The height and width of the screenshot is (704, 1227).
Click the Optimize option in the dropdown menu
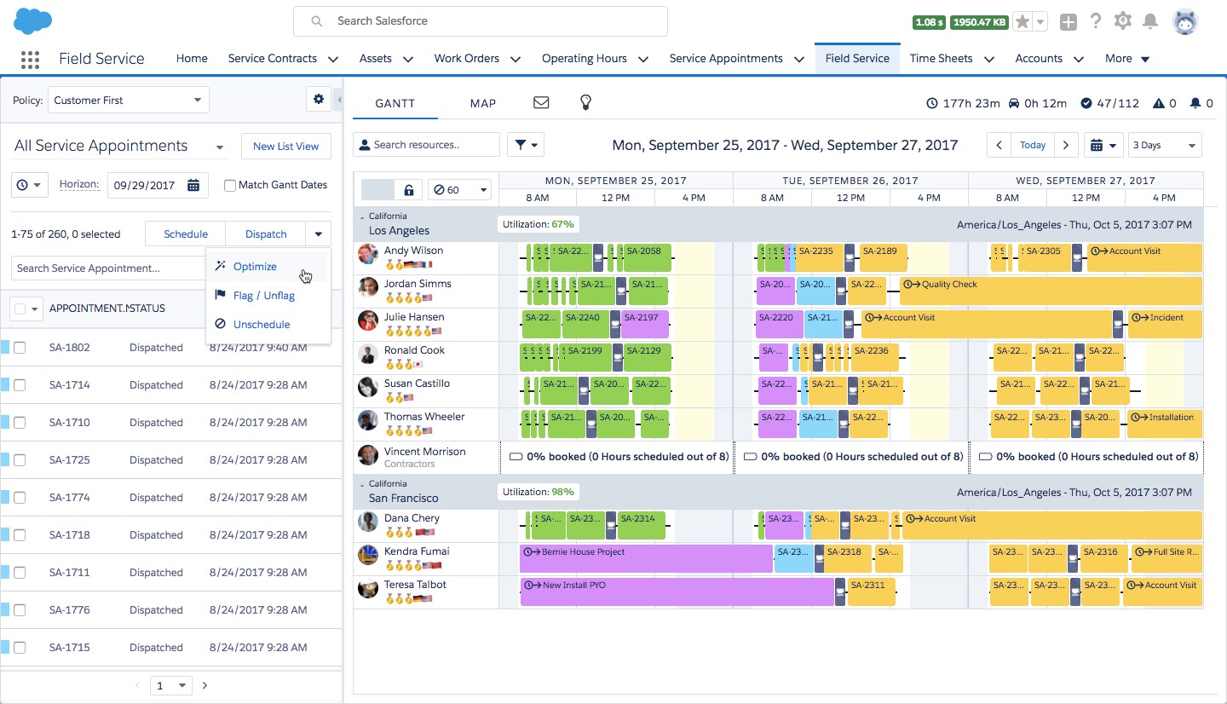pyautogui.click(x=255, y=267)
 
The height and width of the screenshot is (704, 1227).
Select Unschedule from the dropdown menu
pyautogui.click(x=261, y=325)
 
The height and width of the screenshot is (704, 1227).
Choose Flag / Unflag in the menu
pyautogui.click(x=263, y=296)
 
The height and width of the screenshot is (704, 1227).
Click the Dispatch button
pyautogui.click(x=266, y=234)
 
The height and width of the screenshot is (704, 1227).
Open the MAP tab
pyautogui.click(x=482, y=103)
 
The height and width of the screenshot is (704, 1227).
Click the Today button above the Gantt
pyautogui.click(x=1033, y=145)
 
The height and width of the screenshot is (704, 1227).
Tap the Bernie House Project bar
pyautogui.click(x=646, y=558)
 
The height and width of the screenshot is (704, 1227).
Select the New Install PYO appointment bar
pyautogui.click(x=677, y=591)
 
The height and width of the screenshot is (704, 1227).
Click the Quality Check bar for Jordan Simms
pyautogui.click(x=1050, y=291)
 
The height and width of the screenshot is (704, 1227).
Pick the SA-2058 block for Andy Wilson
pyautogui.click(x=647, y=257)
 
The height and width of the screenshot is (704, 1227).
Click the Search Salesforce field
pyautogui.click(x=481, y=21)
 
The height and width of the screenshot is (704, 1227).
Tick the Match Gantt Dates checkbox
pyautogui.click(x=230, y=185)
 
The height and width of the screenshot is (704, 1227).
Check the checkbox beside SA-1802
pyautogui.click(x=20, y=348)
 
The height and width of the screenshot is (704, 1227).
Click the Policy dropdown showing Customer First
pyautogui.click(x=128, y=101)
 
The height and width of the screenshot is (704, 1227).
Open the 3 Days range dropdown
pyautogui.click(x=1164, y=145)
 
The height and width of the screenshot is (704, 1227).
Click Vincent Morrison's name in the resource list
pyautogui.click(x=424, y=452)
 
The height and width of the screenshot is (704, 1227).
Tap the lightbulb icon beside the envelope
pyautogui.click(x=585, y=103)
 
